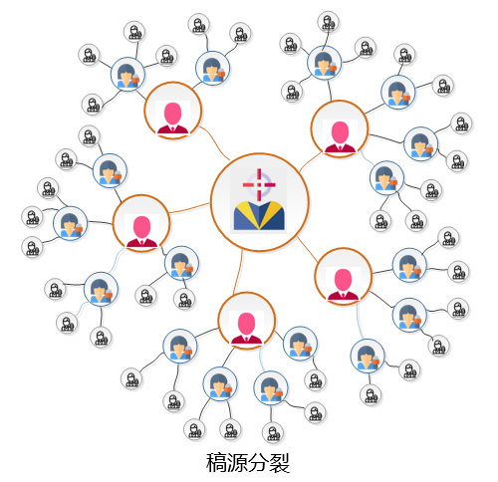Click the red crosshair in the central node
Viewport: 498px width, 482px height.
[x=259, y=184]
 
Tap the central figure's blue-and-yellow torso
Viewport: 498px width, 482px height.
[x=259, y=215]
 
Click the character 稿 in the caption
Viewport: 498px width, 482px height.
[x=216, y=462]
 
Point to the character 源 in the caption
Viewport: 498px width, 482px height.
[x=238, y=462]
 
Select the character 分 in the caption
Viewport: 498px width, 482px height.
[x=259, y=462]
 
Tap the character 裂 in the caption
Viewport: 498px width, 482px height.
[x=280, y=462]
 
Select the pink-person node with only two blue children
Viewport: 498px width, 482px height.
[x=173, y=111]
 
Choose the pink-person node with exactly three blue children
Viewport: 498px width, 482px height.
[x=344, y=276]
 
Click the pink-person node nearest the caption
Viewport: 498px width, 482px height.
[x=247, y=321]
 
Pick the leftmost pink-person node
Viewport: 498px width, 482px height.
[x=141, y=223]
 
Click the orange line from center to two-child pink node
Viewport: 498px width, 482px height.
[x=215, y=142]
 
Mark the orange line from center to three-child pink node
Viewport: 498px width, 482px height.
[x=307, y=249]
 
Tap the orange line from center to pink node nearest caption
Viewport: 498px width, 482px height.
[x=238, y=272]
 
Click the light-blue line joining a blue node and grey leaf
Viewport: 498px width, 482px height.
[x=81, y=307]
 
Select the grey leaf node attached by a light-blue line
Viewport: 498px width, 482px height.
[x=67, y=323]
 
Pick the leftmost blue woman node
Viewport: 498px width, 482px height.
[x=70, y=223]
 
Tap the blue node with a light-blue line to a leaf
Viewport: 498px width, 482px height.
[x=101, y=289]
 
